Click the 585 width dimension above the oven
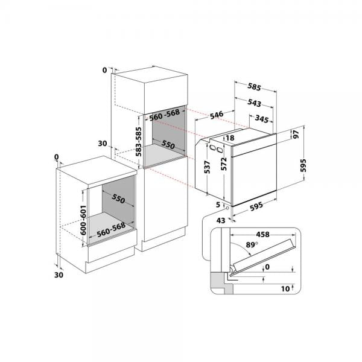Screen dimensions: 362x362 (254, 87)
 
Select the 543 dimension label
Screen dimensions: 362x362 (254, 103)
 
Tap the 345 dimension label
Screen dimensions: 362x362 (262, 119)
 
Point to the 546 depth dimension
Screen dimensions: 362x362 (217, 115)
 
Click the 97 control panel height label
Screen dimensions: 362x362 (296, 134)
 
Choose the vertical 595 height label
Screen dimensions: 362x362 (303, 165)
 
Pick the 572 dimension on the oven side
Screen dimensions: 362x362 (224, 164)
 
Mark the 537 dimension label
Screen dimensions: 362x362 (207, 167)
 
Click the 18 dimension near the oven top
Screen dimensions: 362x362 (230, 138)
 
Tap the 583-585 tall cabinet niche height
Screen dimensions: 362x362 (139, 142)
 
